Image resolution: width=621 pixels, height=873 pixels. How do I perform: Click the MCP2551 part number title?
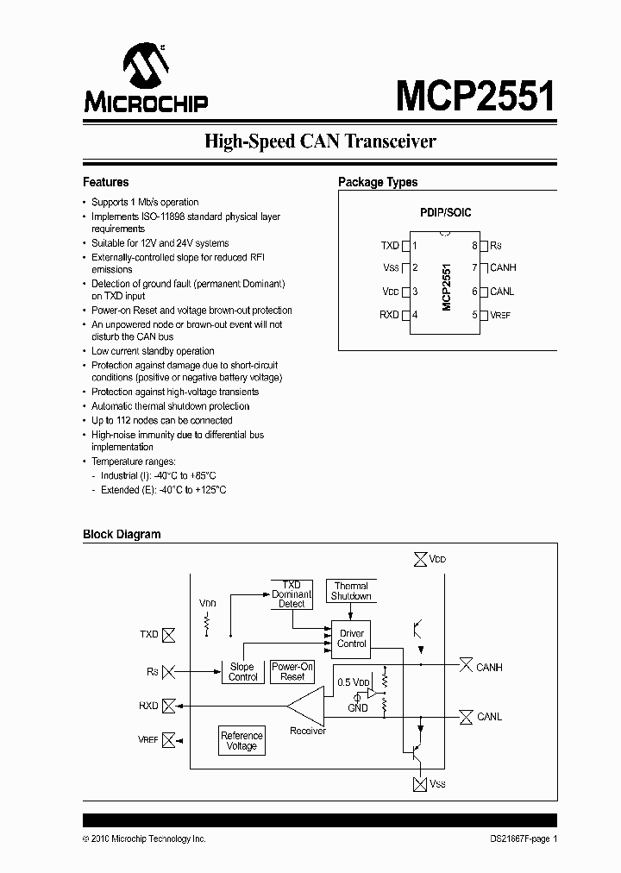[475, 96]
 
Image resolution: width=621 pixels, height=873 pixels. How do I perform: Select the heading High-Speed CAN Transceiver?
[320, 141]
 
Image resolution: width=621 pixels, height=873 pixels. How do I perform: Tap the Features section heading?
[105, 182]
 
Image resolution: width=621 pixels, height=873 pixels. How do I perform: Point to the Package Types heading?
[378, 182]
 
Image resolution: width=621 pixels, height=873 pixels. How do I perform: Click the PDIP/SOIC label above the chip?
[445, 212]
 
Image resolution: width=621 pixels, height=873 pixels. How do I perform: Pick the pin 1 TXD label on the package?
[391, 246]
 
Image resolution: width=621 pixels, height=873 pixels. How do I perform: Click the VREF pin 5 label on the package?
[499, 315]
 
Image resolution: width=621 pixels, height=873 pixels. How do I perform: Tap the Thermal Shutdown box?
[351, 591]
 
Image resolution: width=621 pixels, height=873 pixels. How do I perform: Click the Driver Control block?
[351, 638]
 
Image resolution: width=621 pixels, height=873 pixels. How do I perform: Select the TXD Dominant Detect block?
[292, 594]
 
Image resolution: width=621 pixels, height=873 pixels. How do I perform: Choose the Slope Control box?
[242, 671]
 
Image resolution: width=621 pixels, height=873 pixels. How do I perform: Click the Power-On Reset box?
[292, 671]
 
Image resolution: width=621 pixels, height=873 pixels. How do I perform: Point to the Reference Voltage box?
[241, 740]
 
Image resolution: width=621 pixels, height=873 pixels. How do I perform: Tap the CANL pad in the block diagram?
[466, 717]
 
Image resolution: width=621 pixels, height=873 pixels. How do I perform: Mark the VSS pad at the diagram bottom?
[420, 783]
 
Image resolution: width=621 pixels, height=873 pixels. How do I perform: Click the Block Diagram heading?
[122, 534]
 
